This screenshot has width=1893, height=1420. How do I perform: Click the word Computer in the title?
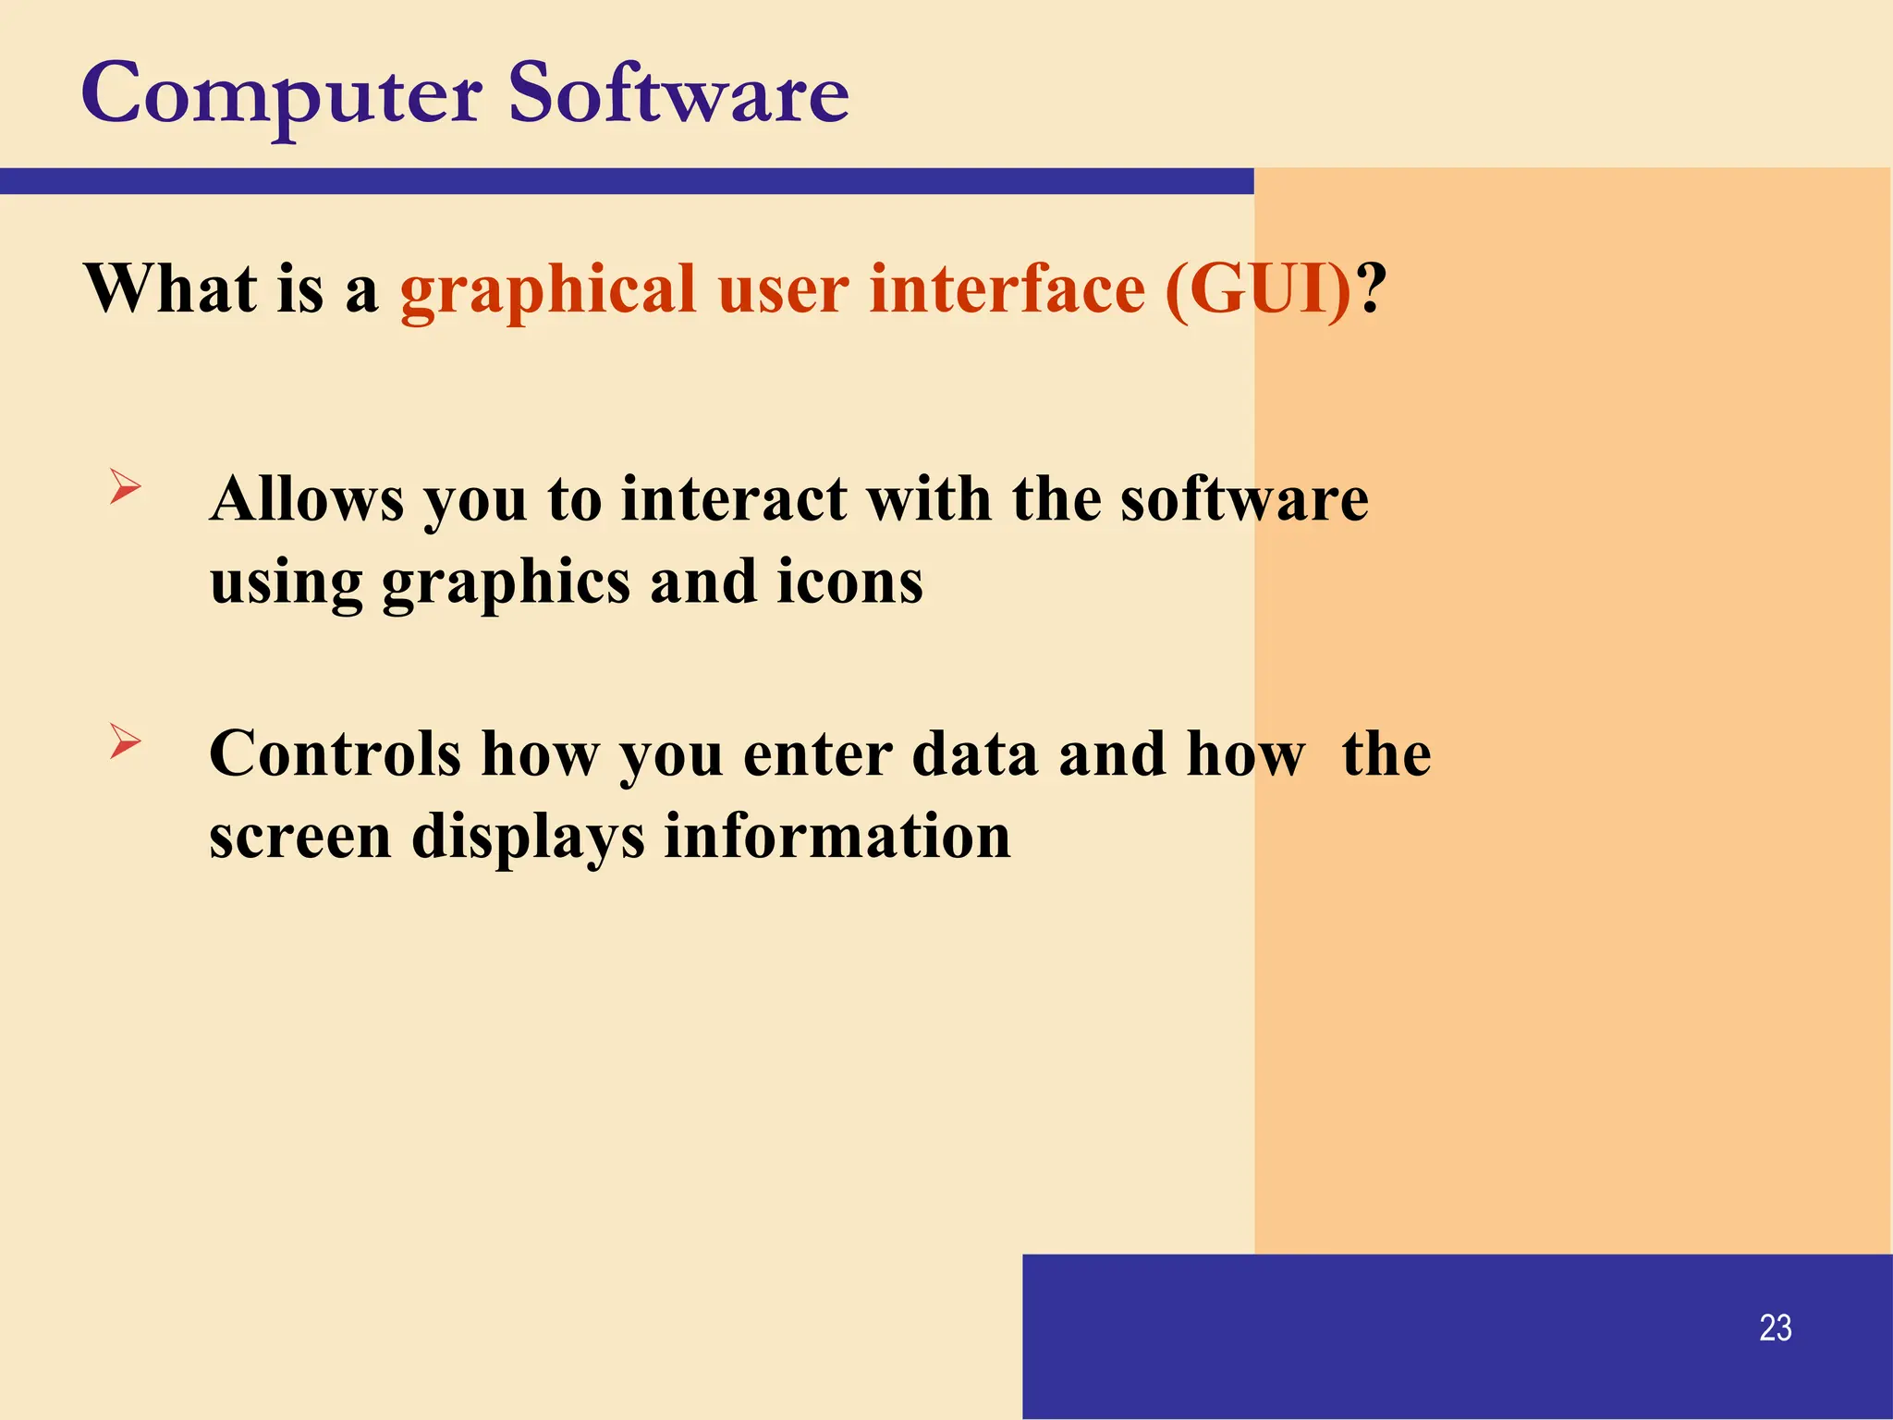282,96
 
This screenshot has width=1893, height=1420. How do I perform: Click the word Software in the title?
678,94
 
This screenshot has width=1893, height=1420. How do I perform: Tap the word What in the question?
170,289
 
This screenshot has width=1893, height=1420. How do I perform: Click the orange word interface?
1008,289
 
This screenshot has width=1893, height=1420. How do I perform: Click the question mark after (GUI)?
1374,289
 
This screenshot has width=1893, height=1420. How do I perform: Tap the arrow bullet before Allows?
125,486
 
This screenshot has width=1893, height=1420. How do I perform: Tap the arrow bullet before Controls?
125,741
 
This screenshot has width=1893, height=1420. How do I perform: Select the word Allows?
307,500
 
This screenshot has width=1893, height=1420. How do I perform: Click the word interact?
733,500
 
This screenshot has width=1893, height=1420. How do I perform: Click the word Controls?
335,754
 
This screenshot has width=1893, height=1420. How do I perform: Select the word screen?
300,838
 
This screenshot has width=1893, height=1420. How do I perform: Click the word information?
837,838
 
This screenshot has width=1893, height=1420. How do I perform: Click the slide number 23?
1775,1328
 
